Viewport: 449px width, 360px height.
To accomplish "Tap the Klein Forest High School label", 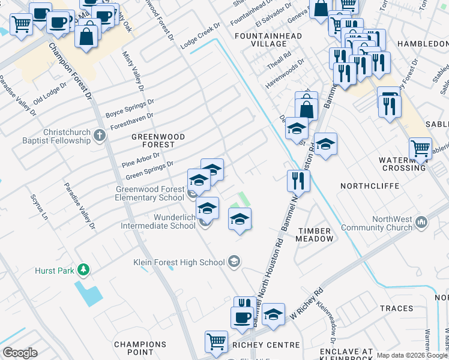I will coord(179,262).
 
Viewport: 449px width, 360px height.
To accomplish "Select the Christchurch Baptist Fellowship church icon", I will coord(100,136).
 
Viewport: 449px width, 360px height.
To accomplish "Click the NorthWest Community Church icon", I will coord(422,223).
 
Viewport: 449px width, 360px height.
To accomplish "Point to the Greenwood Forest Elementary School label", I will coord(149,193).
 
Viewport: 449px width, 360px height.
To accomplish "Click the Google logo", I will coord(20,353).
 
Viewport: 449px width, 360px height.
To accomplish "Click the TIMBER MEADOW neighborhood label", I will coord(315,235).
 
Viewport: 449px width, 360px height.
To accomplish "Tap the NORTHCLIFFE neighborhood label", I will coord(370,186).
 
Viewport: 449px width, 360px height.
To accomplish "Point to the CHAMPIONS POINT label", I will coord(140,348).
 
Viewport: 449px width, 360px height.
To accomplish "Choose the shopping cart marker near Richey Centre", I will coord(216,341).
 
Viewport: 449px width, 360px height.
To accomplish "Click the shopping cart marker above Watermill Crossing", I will coord(420,148).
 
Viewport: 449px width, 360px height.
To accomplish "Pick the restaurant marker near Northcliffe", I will coord(298,179).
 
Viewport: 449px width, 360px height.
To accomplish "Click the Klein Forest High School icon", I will coord(234,262).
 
